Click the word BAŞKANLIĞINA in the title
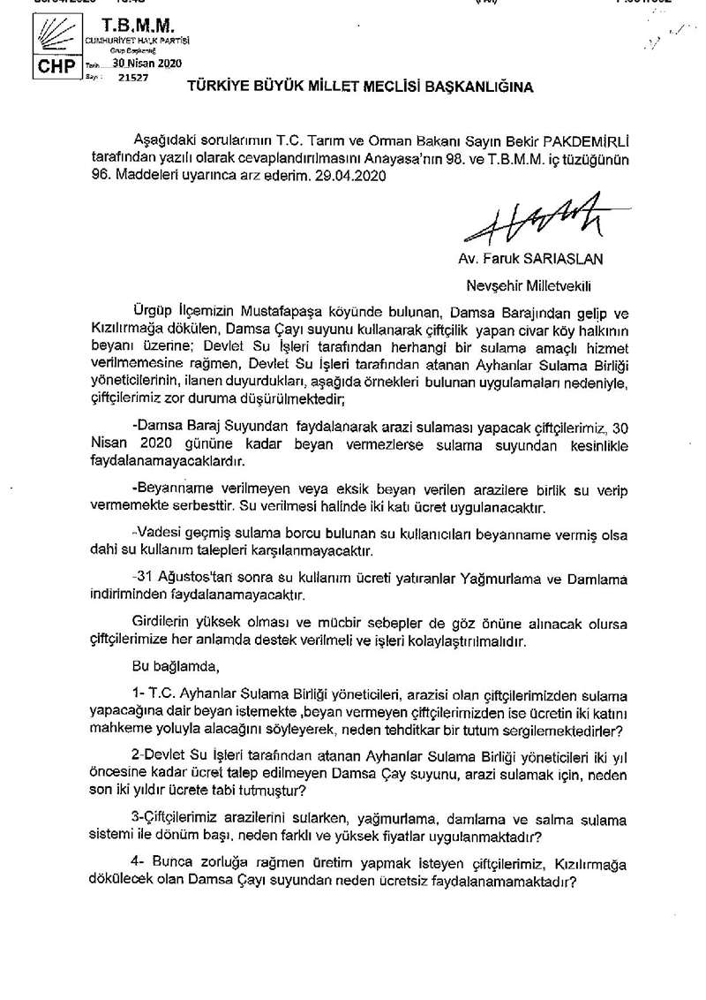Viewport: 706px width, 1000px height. [475, 87]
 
